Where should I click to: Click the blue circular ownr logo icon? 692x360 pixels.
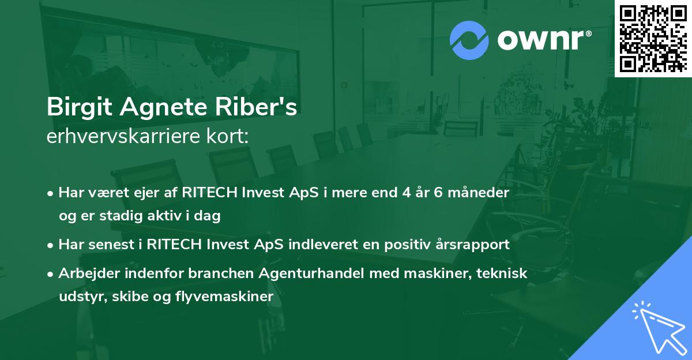click(x=469, y=39)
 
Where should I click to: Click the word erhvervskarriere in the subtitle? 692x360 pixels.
click(x=118, y=137)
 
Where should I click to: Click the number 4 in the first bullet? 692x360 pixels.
click(x=409, y=193)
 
